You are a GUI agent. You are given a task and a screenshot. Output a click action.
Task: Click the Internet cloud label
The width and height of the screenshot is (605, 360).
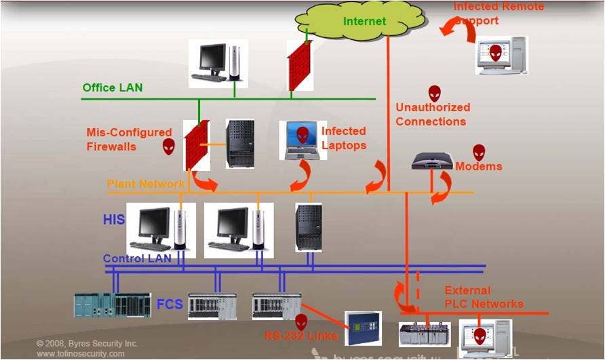(364, 21)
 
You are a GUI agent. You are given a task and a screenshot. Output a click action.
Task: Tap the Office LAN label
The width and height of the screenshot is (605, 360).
(113, 87)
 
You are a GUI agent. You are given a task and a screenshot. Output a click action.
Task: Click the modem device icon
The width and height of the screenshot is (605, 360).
(432, 161)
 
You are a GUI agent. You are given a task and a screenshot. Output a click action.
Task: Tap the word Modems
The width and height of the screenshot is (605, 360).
(479, 167)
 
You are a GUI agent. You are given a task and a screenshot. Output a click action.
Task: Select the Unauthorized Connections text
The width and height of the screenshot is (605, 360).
(433, 115)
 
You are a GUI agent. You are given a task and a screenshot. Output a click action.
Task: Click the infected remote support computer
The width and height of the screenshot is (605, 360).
(501, 55)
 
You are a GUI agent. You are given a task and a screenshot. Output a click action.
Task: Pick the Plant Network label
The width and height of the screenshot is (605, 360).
(146, 184)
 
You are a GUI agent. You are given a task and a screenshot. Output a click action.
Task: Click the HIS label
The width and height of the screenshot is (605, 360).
(114, 220)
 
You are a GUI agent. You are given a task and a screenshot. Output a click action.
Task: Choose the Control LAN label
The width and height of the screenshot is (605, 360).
(137, 258)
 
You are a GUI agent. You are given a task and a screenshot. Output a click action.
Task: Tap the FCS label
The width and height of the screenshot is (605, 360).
(170, 304)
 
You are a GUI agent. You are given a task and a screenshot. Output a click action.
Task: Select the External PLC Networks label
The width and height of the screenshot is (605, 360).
(484, 297)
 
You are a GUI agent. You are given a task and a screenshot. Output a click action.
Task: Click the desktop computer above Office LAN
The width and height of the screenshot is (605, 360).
(217, 63)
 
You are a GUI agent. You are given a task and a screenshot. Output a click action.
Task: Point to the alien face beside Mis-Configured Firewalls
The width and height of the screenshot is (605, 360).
(168, 146)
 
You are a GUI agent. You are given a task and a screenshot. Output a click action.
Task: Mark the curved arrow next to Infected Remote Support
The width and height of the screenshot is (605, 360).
(450, 28)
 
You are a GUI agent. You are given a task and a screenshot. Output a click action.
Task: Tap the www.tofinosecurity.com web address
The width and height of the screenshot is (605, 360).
(81, 354)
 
